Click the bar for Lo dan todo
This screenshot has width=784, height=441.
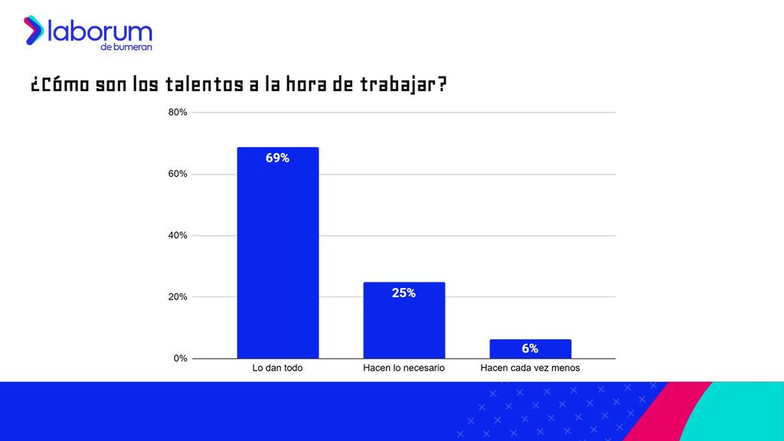click(x=277, y=253)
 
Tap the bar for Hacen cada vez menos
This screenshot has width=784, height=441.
click(x=530, y=349)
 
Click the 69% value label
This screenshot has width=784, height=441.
click(x=277, y=158)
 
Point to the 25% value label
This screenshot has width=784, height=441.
click(x=403, y=293)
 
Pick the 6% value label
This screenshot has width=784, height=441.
click(x=530, y=349)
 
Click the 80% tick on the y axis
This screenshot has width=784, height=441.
click(x=178, y=113)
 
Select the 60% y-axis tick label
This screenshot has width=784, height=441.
click(x=178, y=174)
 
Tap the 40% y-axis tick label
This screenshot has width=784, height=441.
click(x=178, y=235)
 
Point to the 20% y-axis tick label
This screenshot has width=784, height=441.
click(x=178, y=296)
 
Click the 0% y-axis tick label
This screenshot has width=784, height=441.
click(x=180, y=358)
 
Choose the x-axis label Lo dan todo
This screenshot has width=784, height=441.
click(x=277, y=368)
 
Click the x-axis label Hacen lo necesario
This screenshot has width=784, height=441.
click(x=403, y=368)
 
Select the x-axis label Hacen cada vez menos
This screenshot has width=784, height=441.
click(x=530, y=368)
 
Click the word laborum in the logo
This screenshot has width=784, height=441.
click(x=100, y=31)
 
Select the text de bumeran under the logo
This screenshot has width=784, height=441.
click(x=126, y=48)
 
